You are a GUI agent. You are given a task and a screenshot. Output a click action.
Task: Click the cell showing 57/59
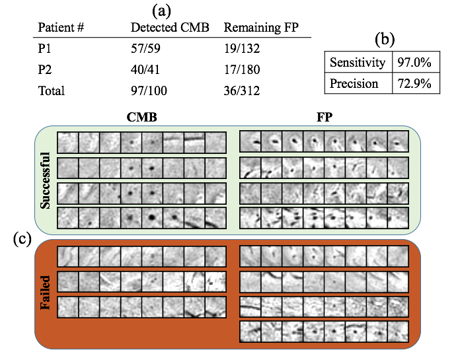click(146, 49)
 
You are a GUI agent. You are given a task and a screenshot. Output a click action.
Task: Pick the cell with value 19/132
click(243, 49)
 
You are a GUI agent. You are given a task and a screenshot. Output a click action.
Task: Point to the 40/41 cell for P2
click(146, 69)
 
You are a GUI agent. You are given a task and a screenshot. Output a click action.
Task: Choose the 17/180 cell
click(243, 69)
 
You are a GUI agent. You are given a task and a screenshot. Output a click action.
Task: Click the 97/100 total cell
click(149, 90)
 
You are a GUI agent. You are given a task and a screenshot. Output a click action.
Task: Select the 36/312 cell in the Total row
click(243, 90)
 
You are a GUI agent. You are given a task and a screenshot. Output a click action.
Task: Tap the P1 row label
click(45, 49)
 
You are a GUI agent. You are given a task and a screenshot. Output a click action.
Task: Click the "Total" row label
click(52, 90)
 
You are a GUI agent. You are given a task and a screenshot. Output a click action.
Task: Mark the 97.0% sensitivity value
click(414, 63)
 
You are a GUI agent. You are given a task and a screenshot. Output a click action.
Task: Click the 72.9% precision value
click(414, 84)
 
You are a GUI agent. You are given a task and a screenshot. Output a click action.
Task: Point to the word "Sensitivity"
click(358, 63)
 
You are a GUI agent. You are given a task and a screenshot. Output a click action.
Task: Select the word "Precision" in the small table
click(354, 84)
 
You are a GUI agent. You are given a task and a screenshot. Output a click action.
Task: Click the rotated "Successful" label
click(46, 179)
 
